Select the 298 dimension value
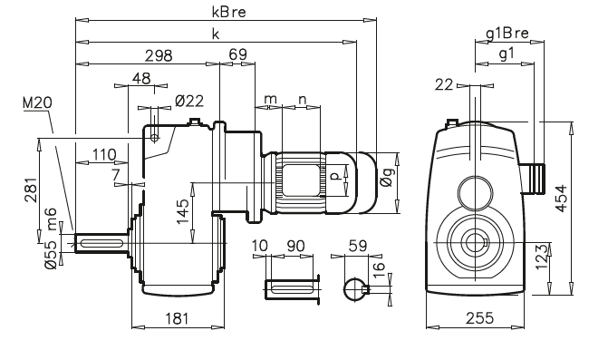[159, 55]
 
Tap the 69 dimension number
[238, 55]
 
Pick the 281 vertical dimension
[30, 190]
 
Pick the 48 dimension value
[140, 79]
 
